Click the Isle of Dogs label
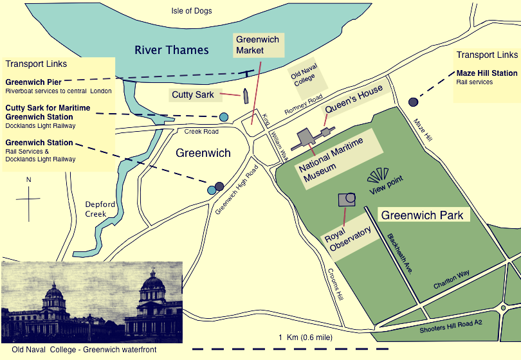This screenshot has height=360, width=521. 191,11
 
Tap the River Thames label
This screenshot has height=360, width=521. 171,50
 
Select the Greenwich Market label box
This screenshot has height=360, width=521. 257,45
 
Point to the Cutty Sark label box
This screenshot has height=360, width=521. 192,95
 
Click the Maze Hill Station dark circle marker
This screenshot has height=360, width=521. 412,102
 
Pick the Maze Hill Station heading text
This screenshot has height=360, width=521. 487,73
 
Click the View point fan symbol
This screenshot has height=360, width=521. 378,175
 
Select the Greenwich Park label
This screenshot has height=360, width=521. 422,215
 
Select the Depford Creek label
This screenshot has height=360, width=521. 100,209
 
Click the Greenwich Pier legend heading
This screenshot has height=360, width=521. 33,82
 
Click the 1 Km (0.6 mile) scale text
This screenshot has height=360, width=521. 305,337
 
